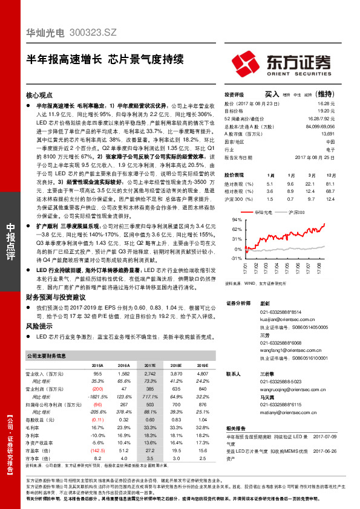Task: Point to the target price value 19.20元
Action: point(327,111)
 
